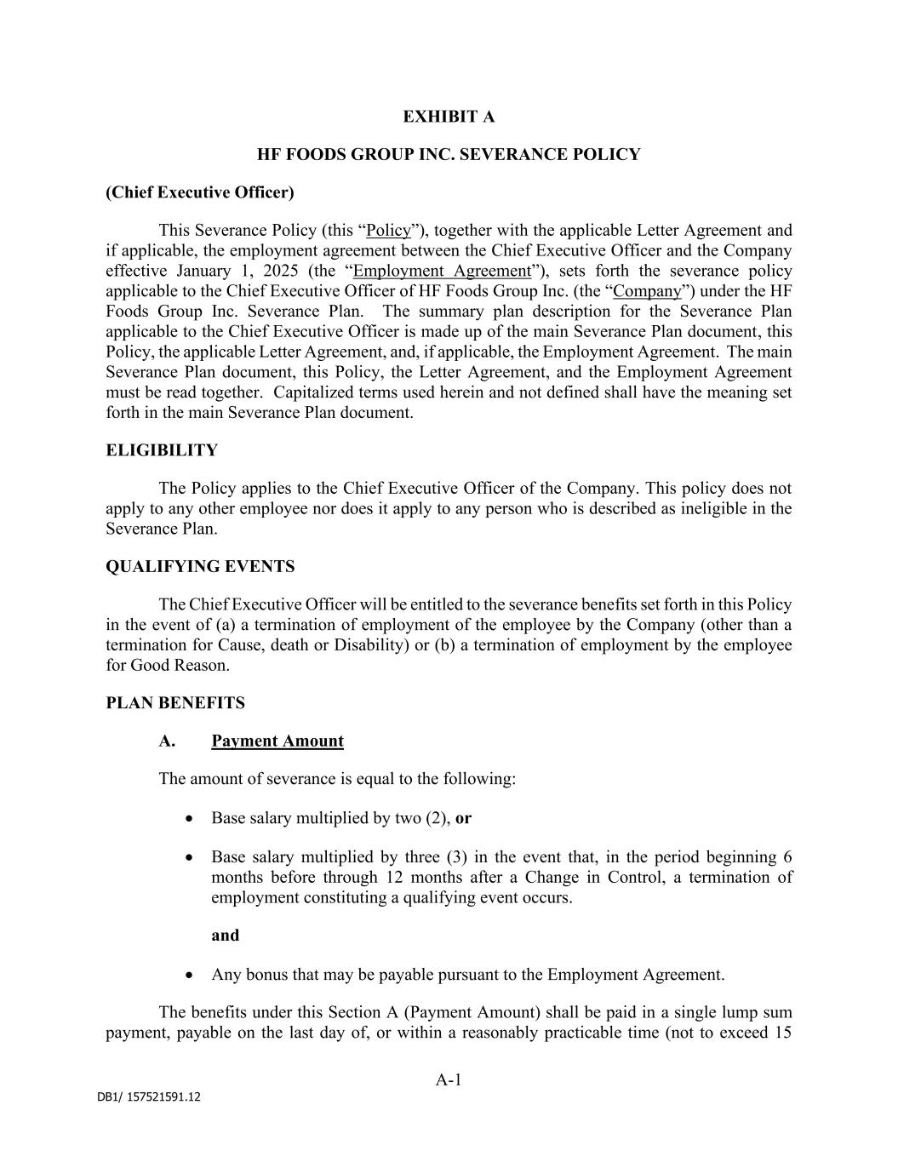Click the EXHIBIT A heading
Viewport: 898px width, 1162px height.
pos(449,117)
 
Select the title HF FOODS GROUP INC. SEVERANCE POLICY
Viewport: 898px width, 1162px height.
pos(449,154)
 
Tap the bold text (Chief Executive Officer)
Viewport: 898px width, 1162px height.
pos(200,192)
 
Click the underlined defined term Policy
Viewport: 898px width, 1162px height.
pos(388,231)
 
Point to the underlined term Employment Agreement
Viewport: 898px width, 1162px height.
pos(442,272)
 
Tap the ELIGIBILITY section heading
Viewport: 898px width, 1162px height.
pos(162,450)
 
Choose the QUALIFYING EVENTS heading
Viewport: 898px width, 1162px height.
pos(200,567)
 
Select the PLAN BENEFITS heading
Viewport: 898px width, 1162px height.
pos(175,703)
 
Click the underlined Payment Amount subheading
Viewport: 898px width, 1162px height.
pos(277,741)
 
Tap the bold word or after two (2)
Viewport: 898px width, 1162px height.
pos(464,818)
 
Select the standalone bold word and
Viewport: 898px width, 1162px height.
pos(226,936)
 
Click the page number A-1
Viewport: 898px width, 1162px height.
pos(449,1080)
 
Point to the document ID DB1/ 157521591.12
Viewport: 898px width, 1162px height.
pos(149,1097)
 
